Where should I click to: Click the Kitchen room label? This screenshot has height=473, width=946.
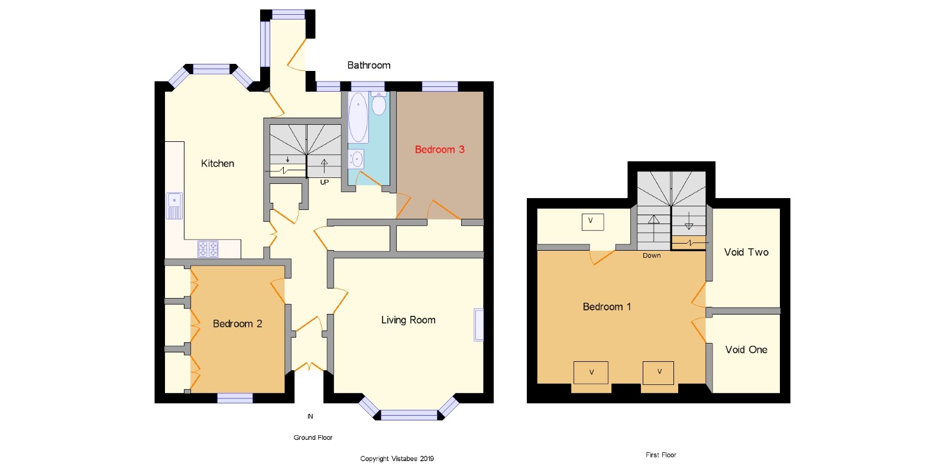218,164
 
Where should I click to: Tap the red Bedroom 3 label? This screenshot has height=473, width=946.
439,150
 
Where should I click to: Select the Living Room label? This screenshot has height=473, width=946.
408,320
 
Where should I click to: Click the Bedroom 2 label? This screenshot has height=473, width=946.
237,323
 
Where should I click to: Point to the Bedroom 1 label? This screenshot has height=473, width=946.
607,306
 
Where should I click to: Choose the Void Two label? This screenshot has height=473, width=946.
746,252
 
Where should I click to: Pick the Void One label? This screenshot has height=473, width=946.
746,349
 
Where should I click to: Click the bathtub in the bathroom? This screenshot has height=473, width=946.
358,117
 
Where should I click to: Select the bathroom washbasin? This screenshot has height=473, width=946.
357,158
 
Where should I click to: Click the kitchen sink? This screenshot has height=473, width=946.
174,205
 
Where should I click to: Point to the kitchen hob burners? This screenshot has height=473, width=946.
208,249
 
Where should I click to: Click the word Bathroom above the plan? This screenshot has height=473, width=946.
368,65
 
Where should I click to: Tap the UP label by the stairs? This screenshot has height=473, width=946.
324,182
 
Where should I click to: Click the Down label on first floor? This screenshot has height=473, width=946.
652,255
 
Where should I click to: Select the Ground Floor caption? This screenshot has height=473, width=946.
313,438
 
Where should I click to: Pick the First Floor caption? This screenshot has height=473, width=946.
660,455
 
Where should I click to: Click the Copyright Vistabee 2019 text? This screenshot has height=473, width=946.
397,458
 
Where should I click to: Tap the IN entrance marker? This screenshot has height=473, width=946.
310,416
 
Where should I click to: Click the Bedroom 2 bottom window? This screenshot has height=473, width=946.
235,399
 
